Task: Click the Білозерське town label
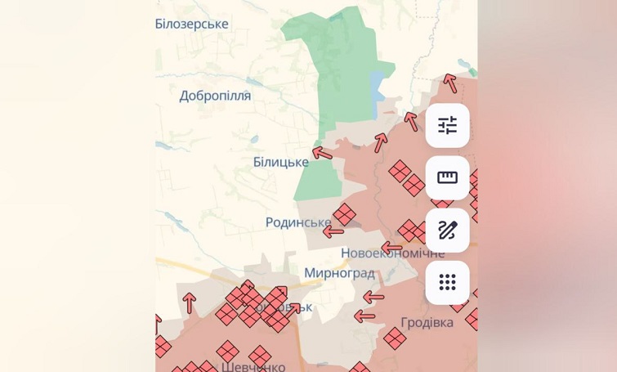click(192, 24)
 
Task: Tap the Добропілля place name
click(216, 96)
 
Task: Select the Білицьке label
click(280, 162)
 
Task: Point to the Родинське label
click(298, 222)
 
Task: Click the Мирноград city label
click(339, 273)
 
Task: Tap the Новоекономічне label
click(392, 253)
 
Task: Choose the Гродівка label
click(427, 322)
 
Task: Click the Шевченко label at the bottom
click(253, 366)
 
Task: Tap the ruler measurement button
click(447, 177)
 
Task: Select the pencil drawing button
click(447, 230)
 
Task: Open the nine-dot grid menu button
click(447, 282)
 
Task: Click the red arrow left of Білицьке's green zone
click(322, 152)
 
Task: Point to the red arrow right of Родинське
click(333, 231)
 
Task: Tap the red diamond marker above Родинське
click(344, 214)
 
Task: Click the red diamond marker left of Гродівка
click(395, 338)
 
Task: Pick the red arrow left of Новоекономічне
click(391, 247)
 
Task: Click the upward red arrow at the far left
click(190, 303)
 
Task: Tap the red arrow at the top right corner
click(449, 83)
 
